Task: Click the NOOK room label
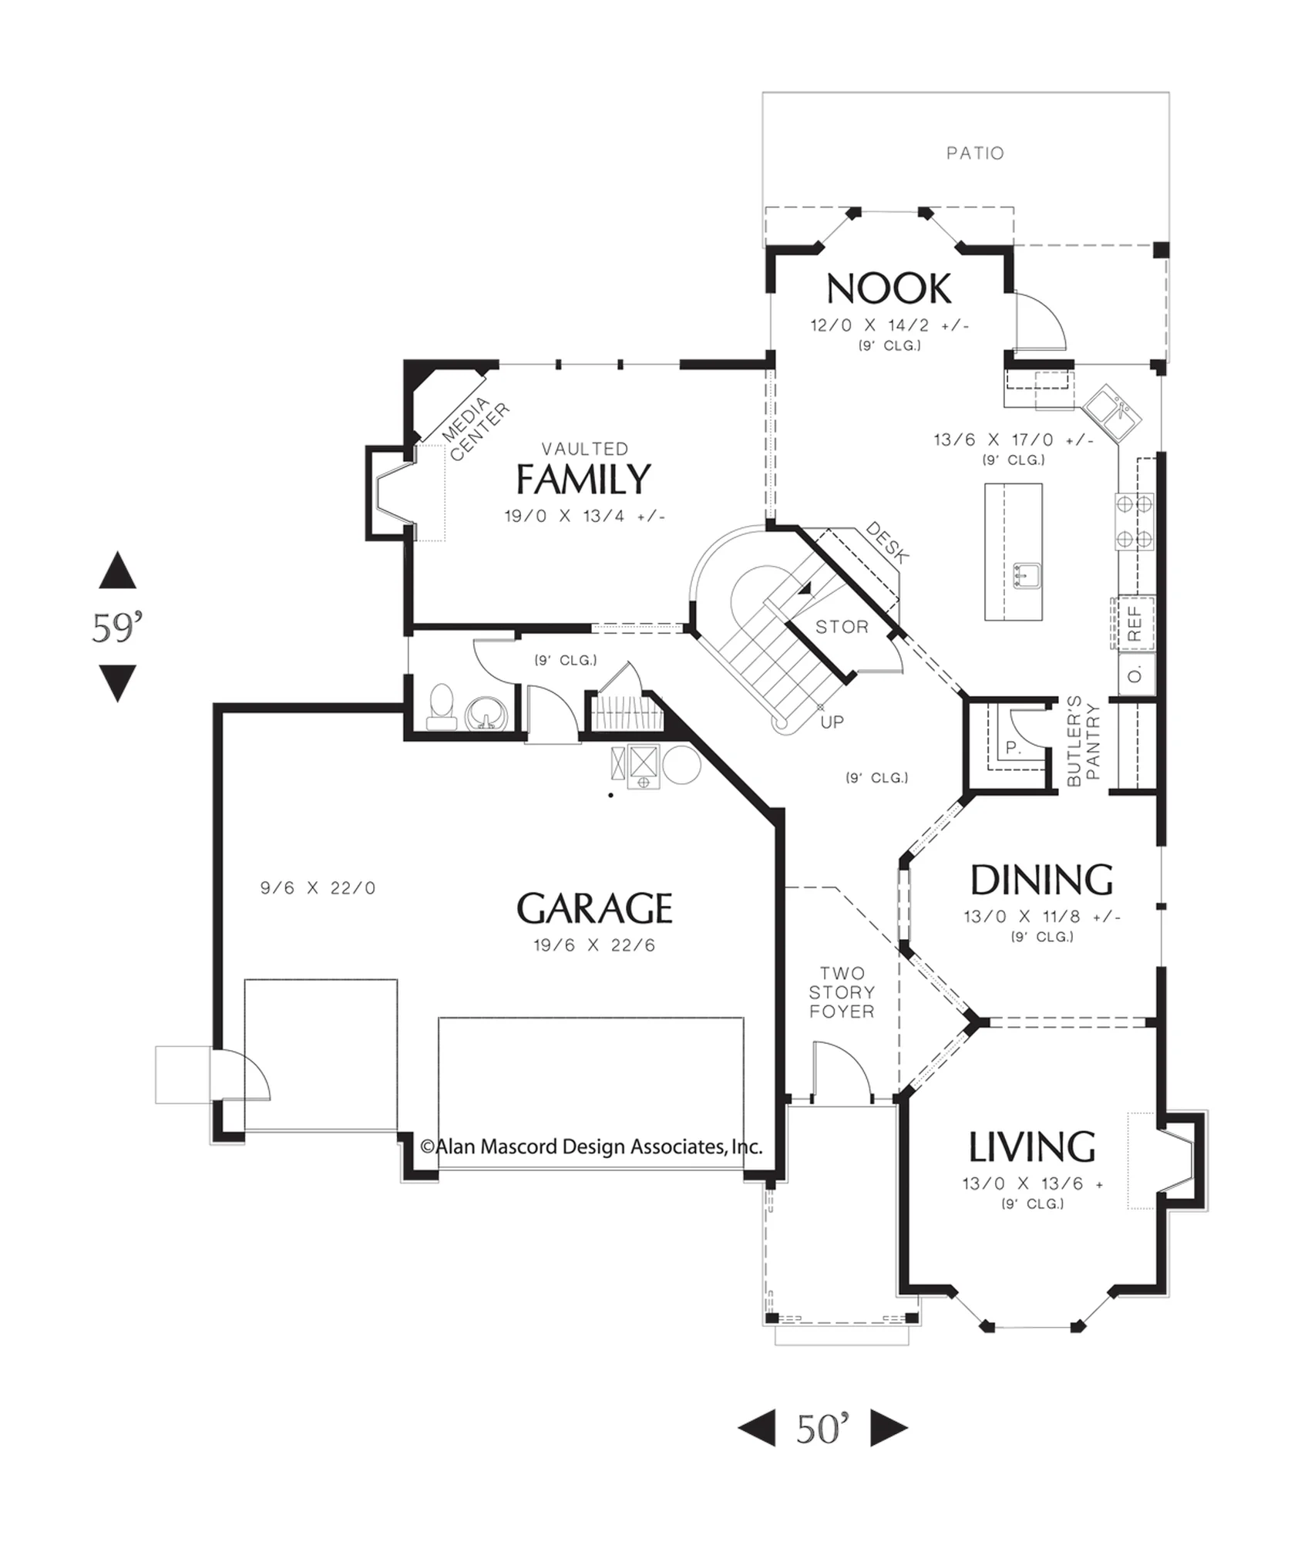(x=889, y=289)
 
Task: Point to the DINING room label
(x=1041, y=880)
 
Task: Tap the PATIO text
(x=975, y=153)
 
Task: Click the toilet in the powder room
(x=442, y=707)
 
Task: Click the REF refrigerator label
(x=1135, y=624)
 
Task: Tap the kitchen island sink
(x=1027, y=575)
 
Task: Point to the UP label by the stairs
(x=832, y=722)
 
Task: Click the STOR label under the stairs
(x=842, y=627)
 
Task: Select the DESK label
(x=887, y=542)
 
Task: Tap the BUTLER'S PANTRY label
(x=1084, y=742)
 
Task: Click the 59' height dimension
(x=118, y=628)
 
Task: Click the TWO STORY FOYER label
(x=842, y=992)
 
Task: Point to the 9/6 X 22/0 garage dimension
(x=318, y=888)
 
